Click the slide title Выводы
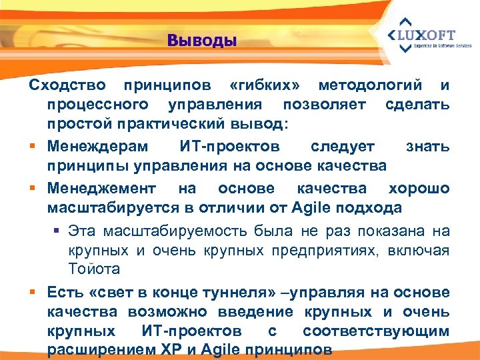202,41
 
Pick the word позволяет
325,105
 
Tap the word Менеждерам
99,145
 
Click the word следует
343,145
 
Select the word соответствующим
376,331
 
